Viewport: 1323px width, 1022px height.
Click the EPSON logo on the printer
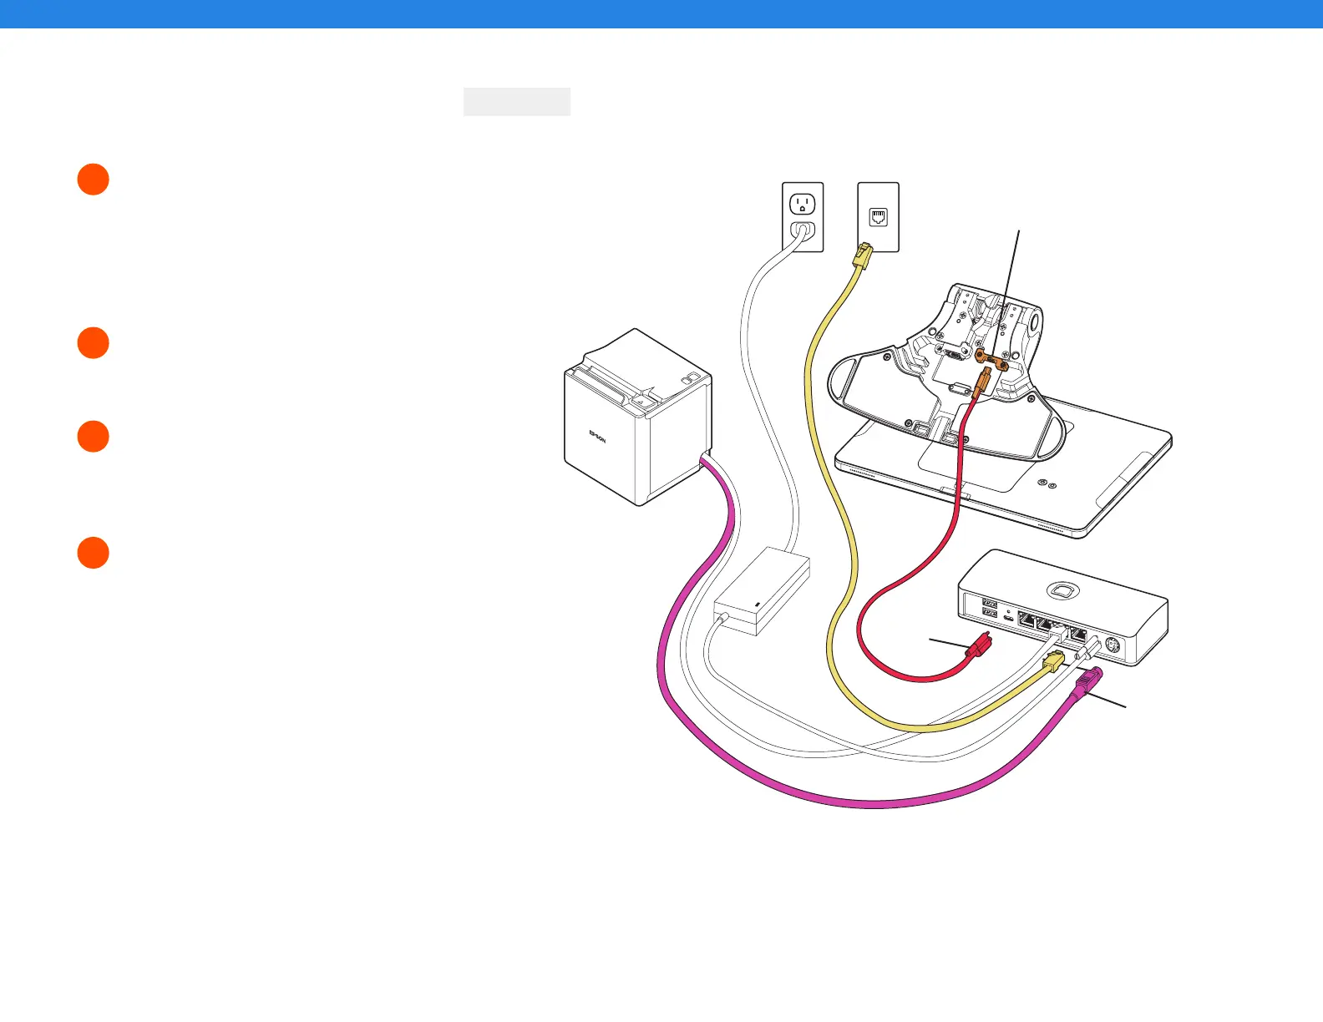[598, 437]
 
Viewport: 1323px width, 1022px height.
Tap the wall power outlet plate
[803, 217]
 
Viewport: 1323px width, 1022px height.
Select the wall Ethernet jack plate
[879, 217]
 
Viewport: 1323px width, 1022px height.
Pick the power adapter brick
[762, 592]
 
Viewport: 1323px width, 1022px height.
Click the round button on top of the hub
[1062, 590]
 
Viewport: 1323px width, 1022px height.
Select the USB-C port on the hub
[1009, 619]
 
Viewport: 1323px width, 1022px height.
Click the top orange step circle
[94, 180]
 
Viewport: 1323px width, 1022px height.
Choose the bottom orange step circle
[94, 553]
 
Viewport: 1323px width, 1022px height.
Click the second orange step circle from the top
[94, 343]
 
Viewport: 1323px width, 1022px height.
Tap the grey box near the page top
[517, 102]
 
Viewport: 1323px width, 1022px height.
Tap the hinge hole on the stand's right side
[1037, 321]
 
